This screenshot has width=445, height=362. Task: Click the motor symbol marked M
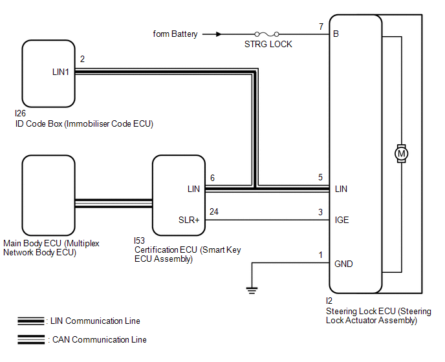[401, 153]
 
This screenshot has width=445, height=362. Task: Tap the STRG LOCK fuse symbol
[268, 34]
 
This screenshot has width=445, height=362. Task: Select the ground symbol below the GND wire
[252, 290]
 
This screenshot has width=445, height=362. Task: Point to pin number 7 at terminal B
[321, 27]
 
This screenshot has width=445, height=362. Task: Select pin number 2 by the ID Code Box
[82, 59]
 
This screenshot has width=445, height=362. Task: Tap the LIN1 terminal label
[61, 72]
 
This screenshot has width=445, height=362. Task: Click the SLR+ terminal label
[189, 220]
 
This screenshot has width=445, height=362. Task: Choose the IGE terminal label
[342, 220]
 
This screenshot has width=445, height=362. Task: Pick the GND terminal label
[343, 264]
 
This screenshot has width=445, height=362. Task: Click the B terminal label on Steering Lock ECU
[336, 34]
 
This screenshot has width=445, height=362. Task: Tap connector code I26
[21, 114]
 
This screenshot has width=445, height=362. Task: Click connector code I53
[140, 240]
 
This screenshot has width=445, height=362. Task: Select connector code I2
[329, 301]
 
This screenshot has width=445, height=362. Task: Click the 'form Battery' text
[175, 34]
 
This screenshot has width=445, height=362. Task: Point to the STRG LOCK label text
[268, 45]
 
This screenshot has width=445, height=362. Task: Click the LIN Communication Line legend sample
[31, 321]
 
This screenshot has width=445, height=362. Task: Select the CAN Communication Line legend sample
[31, 339]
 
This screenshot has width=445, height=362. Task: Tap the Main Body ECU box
[49, 195]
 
